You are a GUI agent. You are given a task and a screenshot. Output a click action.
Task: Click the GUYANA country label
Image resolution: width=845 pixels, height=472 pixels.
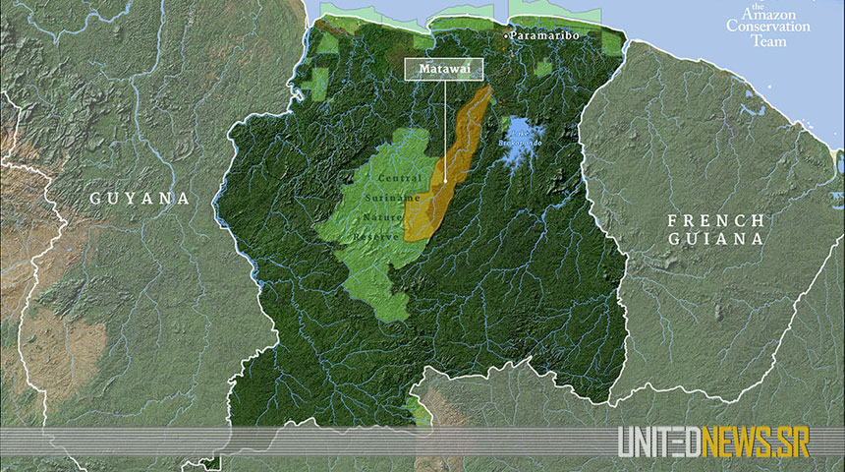click(140, 198)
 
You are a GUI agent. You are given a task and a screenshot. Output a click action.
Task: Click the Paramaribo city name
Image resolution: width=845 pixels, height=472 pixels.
click(546, 35)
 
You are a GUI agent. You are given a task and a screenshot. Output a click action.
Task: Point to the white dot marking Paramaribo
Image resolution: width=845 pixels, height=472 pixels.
click(507, 35)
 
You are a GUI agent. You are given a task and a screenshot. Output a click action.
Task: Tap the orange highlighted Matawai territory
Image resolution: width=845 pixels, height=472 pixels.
click(462, 147)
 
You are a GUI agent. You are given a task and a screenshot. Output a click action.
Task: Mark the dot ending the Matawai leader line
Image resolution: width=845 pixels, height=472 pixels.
click(443, 180)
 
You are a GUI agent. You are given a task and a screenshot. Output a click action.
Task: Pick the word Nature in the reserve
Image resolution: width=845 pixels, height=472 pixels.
click(383, 216)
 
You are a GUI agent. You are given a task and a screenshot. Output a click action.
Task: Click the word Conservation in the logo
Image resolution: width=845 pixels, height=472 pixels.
click(769, 27)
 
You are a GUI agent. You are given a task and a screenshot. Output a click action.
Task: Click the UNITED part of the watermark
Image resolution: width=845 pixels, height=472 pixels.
click(659, 443)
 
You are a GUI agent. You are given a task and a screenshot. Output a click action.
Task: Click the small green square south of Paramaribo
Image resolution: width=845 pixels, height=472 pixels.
click(543, 69)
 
